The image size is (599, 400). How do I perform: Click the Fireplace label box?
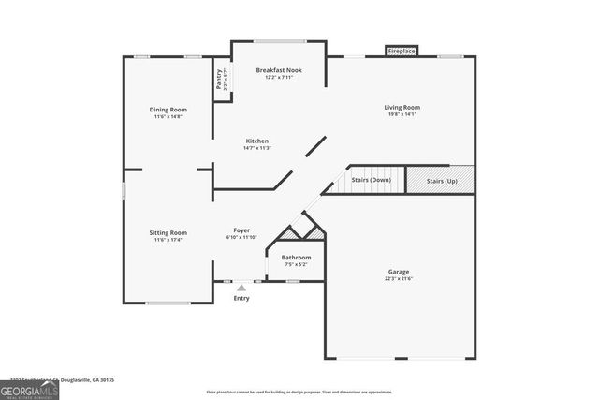[x=402, y=51]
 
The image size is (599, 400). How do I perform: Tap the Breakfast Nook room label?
[x=278, y=69]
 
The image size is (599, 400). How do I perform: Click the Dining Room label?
[x=168, y=110]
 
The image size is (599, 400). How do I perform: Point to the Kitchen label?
[x=256, y=140]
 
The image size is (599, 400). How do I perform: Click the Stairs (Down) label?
[x=371, y=179]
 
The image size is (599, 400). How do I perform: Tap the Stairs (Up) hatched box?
[x=440, y=179]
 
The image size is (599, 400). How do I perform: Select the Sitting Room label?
[x=168, y=232]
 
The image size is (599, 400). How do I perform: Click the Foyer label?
[x=241, y=230]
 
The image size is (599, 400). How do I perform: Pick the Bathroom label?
[x=296, y=257]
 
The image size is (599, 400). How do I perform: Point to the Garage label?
[x=398, y=272]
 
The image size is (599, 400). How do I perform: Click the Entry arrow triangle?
[x=241, y=288]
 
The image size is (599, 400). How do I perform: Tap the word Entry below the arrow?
[x=241, y=298]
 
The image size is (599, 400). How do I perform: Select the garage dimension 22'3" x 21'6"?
[x=398, y=279]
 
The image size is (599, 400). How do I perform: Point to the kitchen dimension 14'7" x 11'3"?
[x=256, y=147]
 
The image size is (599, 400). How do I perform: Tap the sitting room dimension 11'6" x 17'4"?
[x=168, y=240]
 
